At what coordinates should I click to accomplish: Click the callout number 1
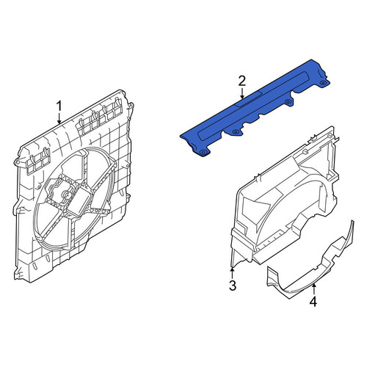pyautogui.click(x=59, y=106)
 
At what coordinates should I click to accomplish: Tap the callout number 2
pyautogui.click(x=242, y=81)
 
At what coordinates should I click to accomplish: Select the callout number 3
pyautogui.click(x=233, y=286)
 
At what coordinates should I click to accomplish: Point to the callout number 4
pyautogui.click(x=313, y=302)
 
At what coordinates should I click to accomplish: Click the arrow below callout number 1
pyautogui.click(x=59, y=118)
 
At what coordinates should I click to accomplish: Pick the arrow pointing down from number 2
pyautogui.click(x=242, y=93)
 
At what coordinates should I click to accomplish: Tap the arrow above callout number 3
pyautogui.click(x=232, y=273)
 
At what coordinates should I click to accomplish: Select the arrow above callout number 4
pyautogui.click(x=314, y=289)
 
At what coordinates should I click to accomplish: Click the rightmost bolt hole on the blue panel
pyautogui.click(x=323, y=82)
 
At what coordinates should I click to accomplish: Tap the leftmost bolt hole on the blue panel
pyautogui.click(x=202, y=152)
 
